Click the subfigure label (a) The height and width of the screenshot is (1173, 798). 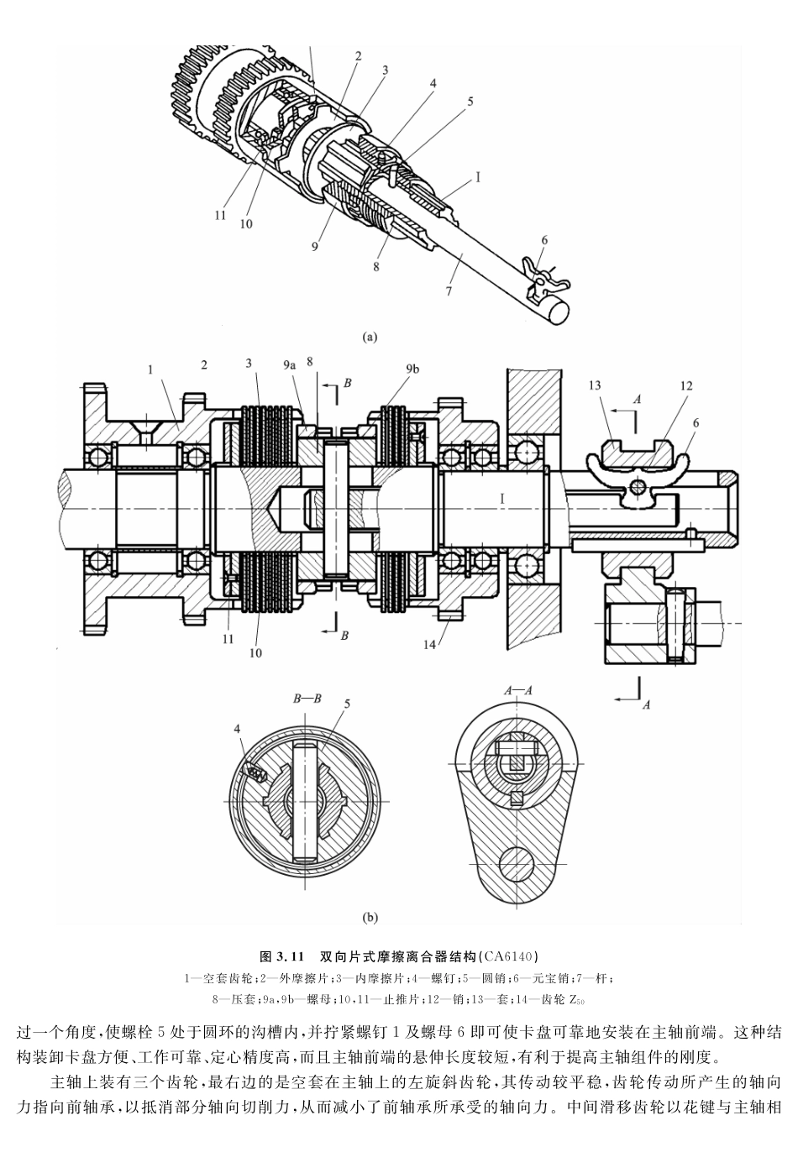pos(370,337)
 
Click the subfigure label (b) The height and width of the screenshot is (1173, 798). pos(370,918)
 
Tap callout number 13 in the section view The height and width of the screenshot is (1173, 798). pos(595,385)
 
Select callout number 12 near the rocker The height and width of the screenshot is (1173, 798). pos(685,385)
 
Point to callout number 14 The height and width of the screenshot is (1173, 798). pos(431,645)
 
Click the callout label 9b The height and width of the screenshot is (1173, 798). pos(412,368)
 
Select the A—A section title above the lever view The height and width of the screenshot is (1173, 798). pos(518,689)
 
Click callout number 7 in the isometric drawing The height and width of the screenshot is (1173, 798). pos(449,291)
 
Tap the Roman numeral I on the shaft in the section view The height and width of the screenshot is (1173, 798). pos(501,499)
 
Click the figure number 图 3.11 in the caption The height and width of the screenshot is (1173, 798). pos(281,956)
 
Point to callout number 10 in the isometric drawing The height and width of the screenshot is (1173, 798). pos(246,223)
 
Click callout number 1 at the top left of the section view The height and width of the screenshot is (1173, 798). pos(150,369)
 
